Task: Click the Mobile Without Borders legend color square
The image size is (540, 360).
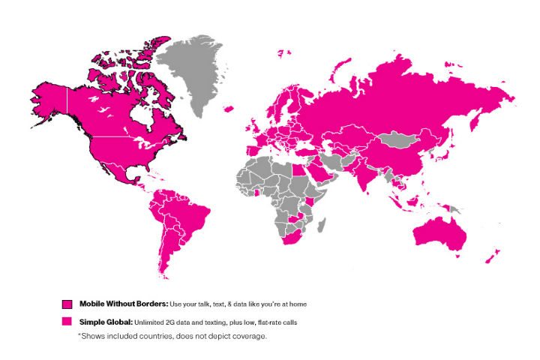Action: pyautogui.click(x=67, y=304)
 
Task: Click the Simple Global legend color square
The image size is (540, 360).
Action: pyautogui.click(x=67, y=321)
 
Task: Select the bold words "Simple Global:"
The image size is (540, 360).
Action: pyautogui.click(x=105, y=321)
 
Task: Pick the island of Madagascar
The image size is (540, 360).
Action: pyautogui.click(x=319, y=226)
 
